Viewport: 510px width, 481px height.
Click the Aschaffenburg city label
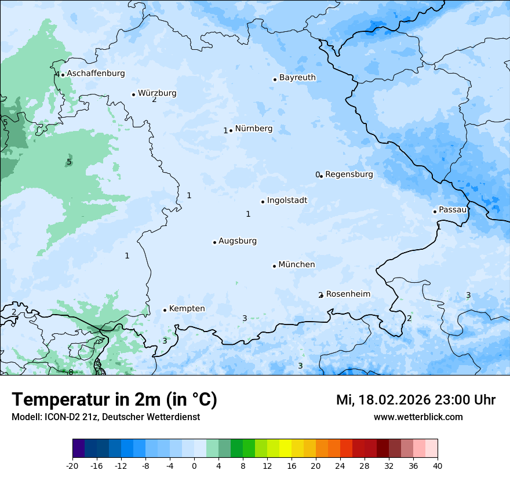click(x=96, y=74)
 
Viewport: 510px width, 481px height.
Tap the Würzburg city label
click(x=157, y=93)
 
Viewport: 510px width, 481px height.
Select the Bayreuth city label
click(x=297, y=78)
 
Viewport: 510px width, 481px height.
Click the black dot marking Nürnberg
click(x=231, y=130)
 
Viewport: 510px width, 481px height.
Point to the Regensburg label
click(x=349, y=174)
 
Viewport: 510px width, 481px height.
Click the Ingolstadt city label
click(x=287, y=201)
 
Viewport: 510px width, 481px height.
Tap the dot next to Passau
click(x=435, y=212)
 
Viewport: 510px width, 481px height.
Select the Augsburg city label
click(x=238, y=241)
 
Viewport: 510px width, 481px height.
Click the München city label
click(x=297, y=265)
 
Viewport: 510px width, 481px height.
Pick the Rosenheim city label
click(x=348, y=294)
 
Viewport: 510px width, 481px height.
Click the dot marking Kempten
click(x=165, y=310)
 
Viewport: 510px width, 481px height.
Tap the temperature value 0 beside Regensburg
click(x=317, y=175)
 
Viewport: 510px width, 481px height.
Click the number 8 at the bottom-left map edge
click(x=71, y=372)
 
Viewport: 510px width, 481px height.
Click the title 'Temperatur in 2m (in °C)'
click(x=114, y=400)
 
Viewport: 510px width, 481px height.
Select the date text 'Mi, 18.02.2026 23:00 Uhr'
click(x=416, y=400)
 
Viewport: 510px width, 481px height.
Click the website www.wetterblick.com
click(x=418, y=417)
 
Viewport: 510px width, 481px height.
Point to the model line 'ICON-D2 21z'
click(x=105, y=417)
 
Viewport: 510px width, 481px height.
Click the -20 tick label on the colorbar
click(x=72, y=465)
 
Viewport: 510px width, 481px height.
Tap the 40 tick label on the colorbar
click(x=438, y=465)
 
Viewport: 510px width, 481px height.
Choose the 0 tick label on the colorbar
click(x=194, y=465)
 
